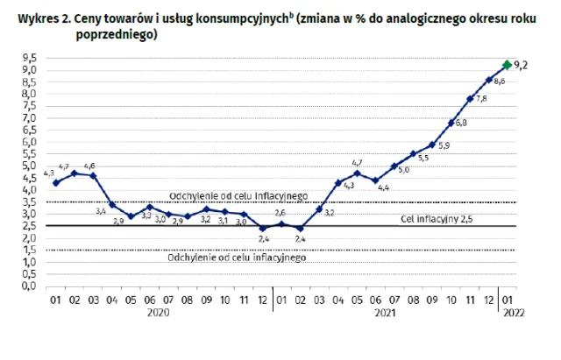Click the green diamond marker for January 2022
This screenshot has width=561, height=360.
click(507, 65)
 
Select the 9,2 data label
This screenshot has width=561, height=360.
click(522, 65)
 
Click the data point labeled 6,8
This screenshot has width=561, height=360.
click(451, 123)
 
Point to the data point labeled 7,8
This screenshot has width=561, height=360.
click(471, 99)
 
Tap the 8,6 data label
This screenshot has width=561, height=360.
click(500, 81)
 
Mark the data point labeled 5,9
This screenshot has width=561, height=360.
click(432, 145)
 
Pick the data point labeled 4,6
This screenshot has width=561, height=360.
click(93, 175)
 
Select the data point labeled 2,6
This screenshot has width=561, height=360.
click(281, 223)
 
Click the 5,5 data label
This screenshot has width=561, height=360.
click(423, 159)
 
